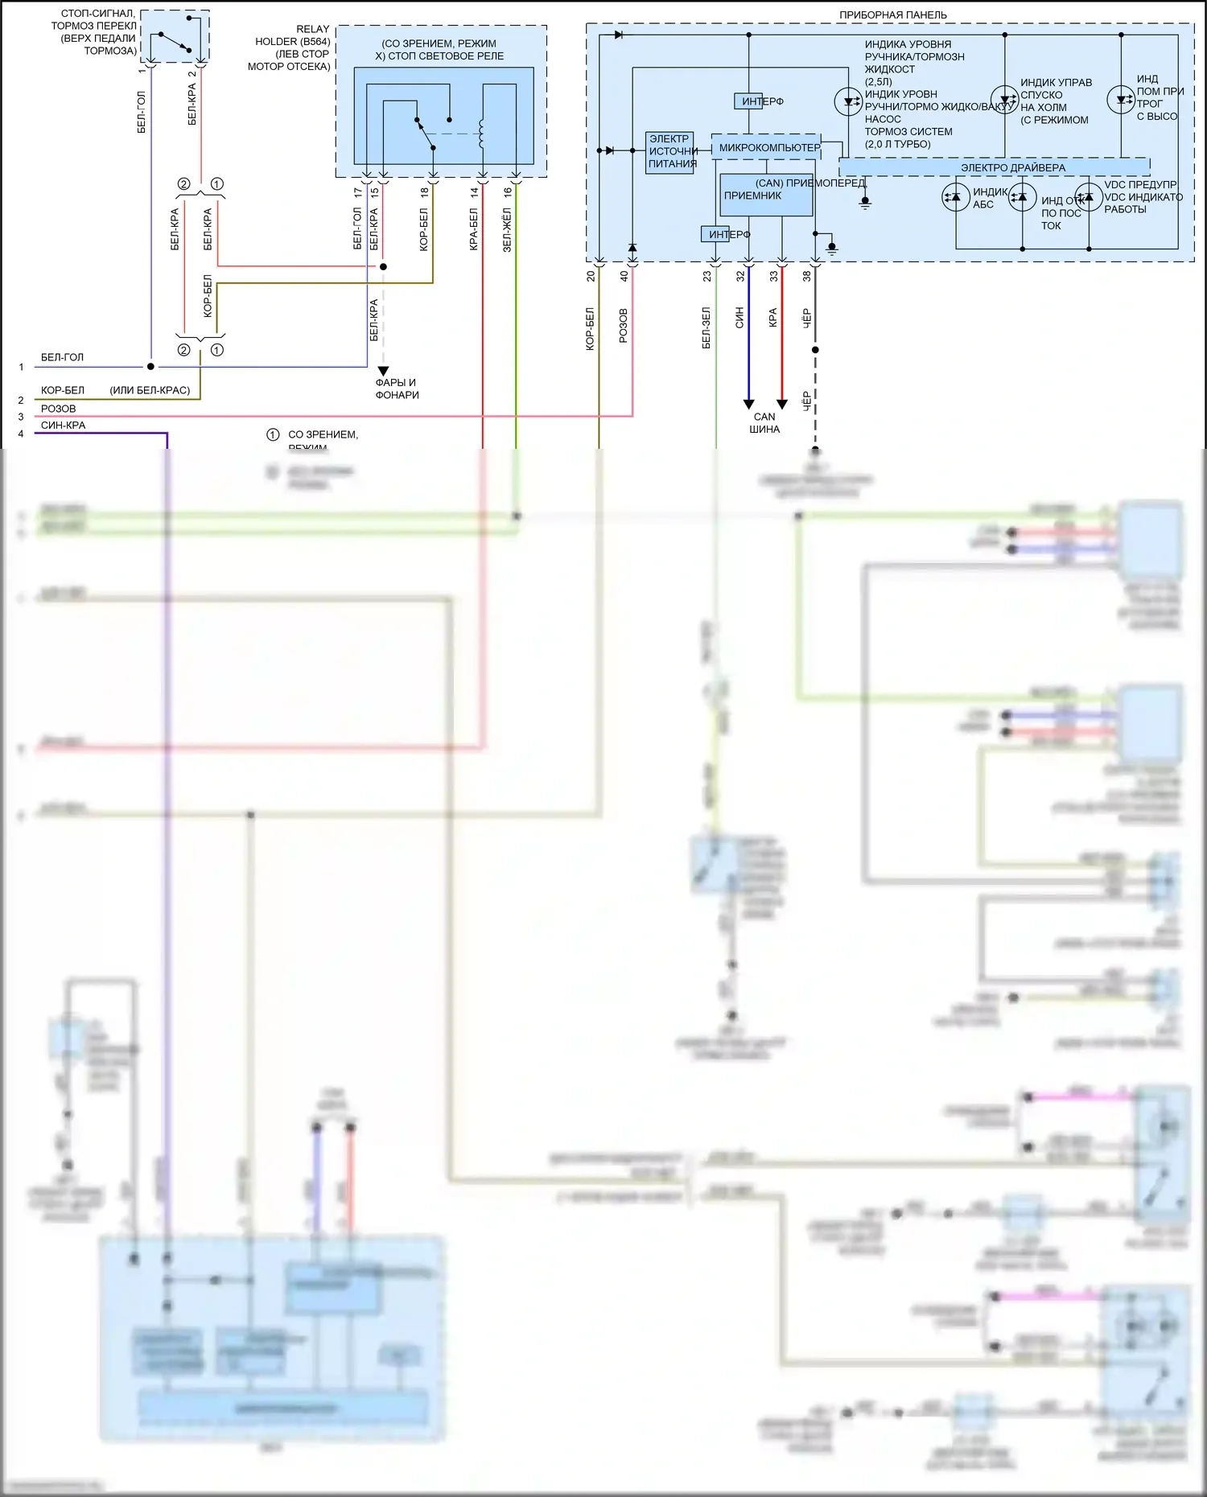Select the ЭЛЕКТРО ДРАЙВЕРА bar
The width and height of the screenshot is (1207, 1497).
(x=995, y=167)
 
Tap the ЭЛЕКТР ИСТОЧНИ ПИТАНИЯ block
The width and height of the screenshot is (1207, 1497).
(x=669, y=152)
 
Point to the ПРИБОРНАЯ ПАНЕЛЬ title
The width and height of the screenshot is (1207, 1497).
(x=892, y=14)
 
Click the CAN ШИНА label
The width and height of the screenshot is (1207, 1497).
(x=764, y=423)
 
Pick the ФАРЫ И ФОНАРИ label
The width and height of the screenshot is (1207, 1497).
(x=397, y=389)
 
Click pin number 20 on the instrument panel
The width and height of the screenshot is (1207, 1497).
(x=591, y=276)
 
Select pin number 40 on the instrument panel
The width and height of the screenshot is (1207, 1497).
(x=624, y=276)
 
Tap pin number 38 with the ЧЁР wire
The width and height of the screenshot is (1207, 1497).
(x=806, y=276)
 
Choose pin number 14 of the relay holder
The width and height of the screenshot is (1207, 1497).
(x=474, y=192)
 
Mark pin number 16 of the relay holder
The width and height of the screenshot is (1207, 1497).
(x=508, y=192)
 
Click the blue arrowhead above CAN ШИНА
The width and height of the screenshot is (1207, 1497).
(x=748, y=404)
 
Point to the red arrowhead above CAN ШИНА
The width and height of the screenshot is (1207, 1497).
(x=781, y=404)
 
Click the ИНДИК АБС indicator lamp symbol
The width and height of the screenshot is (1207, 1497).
(x=955, y=197)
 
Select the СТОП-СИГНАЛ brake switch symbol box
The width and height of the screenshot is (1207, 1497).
(x=175, y=36)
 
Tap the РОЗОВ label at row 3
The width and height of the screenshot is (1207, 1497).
(x=58, y=409)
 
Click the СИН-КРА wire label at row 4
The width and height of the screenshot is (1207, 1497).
(x=63, y=426)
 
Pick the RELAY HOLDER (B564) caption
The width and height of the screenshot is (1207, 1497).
(x=292, y=47)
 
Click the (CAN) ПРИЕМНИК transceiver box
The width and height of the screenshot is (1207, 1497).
(x=766, y=195)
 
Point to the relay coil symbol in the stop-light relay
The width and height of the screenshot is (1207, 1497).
(x=481, y=134)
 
